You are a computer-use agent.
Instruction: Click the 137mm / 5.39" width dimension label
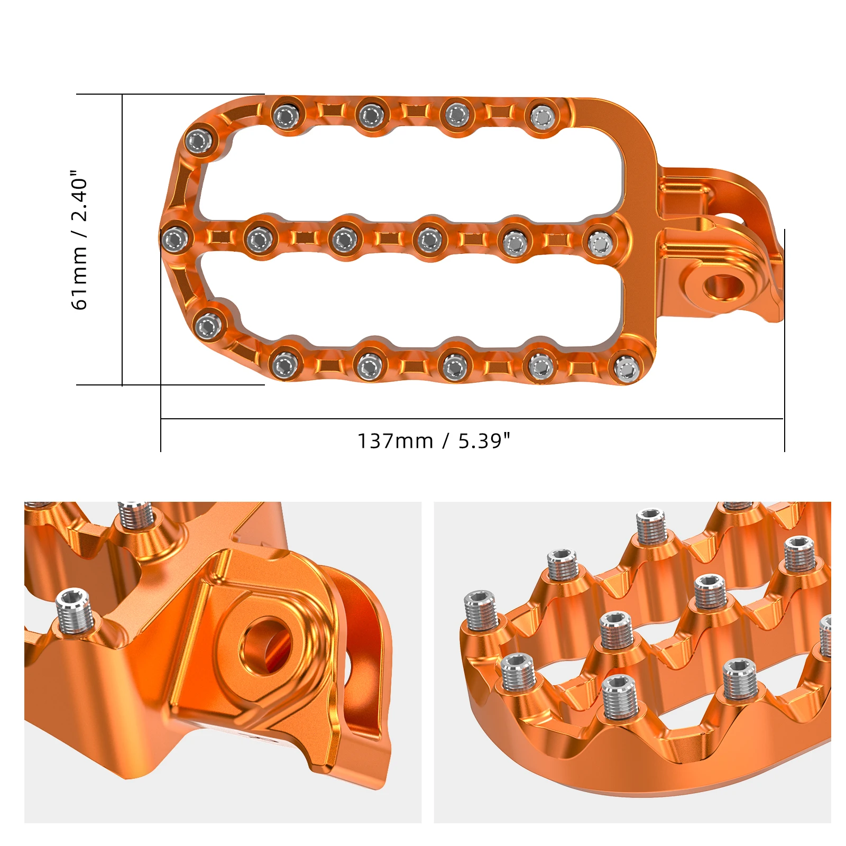pyautogui.click(x=434, y=440)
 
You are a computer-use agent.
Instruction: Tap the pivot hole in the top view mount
pyautogui.click(x=723, y=287)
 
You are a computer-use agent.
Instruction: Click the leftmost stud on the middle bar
pyautogui.click(x=175, y=240)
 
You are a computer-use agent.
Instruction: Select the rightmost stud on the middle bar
pyautogui.click(x=601, y=244)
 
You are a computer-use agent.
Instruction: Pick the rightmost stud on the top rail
pyautogui.click(x=541, y=116)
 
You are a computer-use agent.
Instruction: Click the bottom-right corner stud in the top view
pyautogui.click(x=627, y=368)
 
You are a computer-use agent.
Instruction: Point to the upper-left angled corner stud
pyautogui.click(x=199, y=141)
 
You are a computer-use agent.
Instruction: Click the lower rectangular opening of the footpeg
pyautogui.click(x=412, y=301)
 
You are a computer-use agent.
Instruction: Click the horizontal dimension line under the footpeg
pyautogui.click(x=471, y=419)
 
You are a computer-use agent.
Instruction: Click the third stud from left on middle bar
pyautogui.click(x=345, y=240)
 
